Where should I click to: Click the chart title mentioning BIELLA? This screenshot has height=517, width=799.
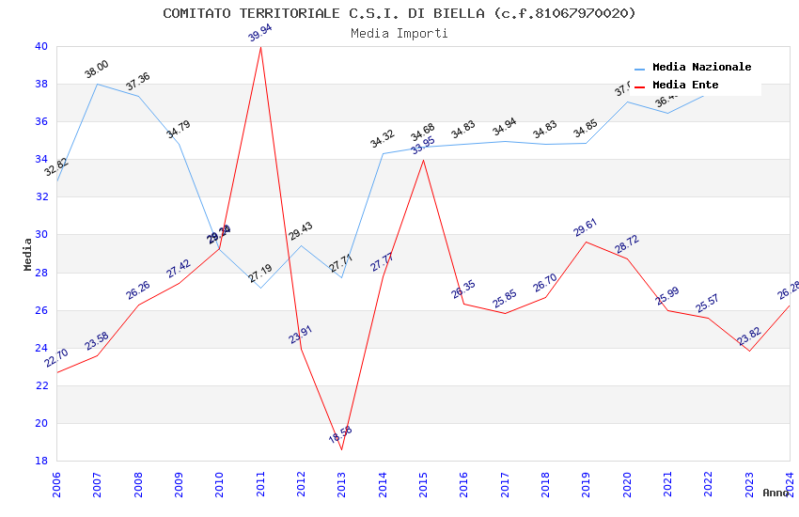point(399,13)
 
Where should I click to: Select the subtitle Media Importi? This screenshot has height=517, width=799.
point(399,33)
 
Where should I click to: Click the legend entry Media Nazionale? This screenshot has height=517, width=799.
point(701,67)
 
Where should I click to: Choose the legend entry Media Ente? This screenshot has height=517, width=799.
point(685,85)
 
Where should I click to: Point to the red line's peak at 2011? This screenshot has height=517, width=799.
point(260,47)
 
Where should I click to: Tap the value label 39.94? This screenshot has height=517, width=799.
point(259,33)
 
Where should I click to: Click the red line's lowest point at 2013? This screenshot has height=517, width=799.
point(341,449)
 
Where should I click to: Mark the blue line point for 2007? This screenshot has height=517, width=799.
point(98,84)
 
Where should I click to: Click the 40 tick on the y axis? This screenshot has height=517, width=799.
point(40,46)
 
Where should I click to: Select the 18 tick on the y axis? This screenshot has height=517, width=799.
point(40,461)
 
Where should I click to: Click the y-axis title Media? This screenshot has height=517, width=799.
point(28,254)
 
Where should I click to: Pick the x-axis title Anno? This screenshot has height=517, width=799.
point(775,493)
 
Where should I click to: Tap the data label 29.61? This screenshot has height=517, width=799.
point(586,227)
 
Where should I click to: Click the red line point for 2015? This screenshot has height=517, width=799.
point(423,160)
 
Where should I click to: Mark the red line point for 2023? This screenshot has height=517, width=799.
point(749,352)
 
